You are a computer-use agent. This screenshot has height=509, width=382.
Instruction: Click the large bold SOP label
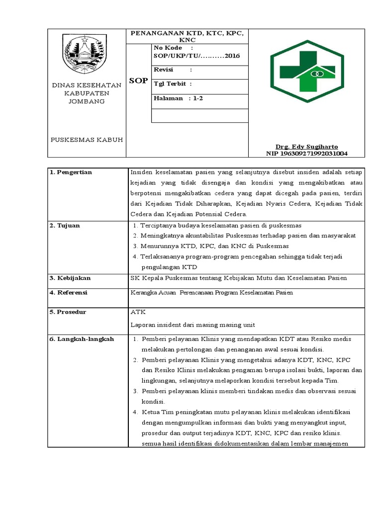click(x=138, y=81)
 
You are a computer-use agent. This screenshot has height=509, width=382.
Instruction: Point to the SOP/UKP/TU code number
click(x=197, y=56)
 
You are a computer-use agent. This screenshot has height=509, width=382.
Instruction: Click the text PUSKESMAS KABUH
click(x=87, y=140)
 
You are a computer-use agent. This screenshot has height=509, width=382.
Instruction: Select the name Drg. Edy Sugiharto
click(x=307, y=147)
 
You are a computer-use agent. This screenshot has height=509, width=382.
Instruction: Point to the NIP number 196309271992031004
click(x=307, y=154)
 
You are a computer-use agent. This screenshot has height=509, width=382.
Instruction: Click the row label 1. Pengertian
click(x=71, y=172)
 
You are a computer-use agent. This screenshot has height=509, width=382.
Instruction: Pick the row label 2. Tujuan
click(x=65, y=226)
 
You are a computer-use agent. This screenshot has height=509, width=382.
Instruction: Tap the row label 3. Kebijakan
click(x=70, y=278)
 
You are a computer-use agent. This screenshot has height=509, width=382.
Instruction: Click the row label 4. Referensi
click(x=69, y=293)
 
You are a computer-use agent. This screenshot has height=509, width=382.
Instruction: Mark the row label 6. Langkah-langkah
click(x=82, y=339)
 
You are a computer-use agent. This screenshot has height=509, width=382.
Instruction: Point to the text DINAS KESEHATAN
click(x=87, y=85)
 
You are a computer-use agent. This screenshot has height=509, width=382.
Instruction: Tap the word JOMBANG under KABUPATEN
click(x=87, y=101)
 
